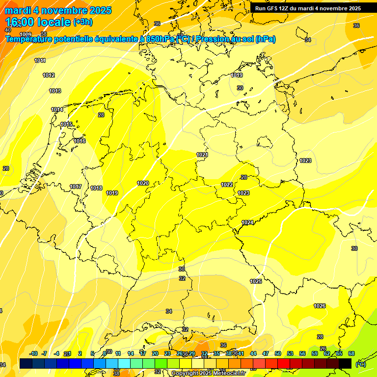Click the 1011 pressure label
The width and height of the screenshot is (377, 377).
point(40,61)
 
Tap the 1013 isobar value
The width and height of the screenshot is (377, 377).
point(55,91)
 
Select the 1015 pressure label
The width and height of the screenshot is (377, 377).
point(67,125)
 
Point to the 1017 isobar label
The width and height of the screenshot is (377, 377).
point(76,187)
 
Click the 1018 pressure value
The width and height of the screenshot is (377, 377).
point(96,188)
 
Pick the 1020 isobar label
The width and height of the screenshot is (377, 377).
point(143,184)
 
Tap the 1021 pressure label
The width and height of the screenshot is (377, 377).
point(202,155)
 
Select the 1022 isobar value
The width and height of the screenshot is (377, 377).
point(227,185)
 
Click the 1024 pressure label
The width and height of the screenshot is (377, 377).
point(247,223)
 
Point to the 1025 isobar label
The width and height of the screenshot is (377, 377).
point(256,282)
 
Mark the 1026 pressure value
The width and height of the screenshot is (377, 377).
point(320,306)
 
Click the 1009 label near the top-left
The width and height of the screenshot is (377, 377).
point(26,34)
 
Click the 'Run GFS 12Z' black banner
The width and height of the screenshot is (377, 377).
point(308,8)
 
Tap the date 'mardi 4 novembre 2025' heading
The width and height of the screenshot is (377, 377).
point(58,10)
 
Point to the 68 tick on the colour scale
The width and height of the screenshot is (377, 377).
point(351,354)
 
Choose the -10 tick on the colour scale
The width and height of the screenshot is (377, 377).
point(33,354)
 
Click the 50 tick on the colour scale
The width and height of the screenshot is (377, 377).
point(278,354)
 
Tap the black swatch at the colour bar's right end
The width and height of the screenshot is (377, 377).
point(345,363)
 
